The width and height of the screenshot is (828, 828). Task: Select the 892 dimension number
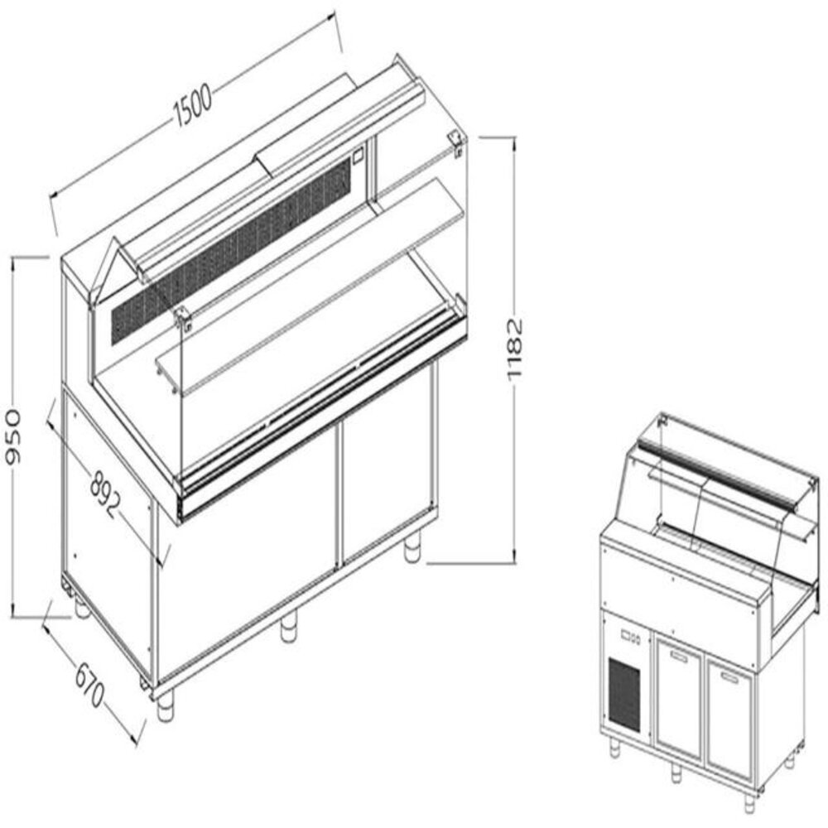pos(106,494)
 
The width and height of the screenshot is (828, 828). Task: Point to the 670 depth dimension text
pos(89,680)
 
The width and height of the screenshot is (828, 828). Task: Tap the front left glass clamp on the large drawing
pos(184,318)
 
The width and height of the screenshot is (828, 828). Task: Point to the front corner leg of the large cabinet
pos(166,704)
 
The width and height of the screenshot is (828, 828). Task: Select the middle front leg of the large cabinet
pos(288,627)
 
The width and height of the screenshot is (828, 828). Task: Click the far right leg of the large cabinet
pos(412,549)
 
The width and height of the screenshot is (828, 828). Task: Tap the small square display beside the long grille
pos(359,153)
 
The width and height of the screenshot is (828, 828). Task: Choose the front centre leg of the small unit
pos(676,772)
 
